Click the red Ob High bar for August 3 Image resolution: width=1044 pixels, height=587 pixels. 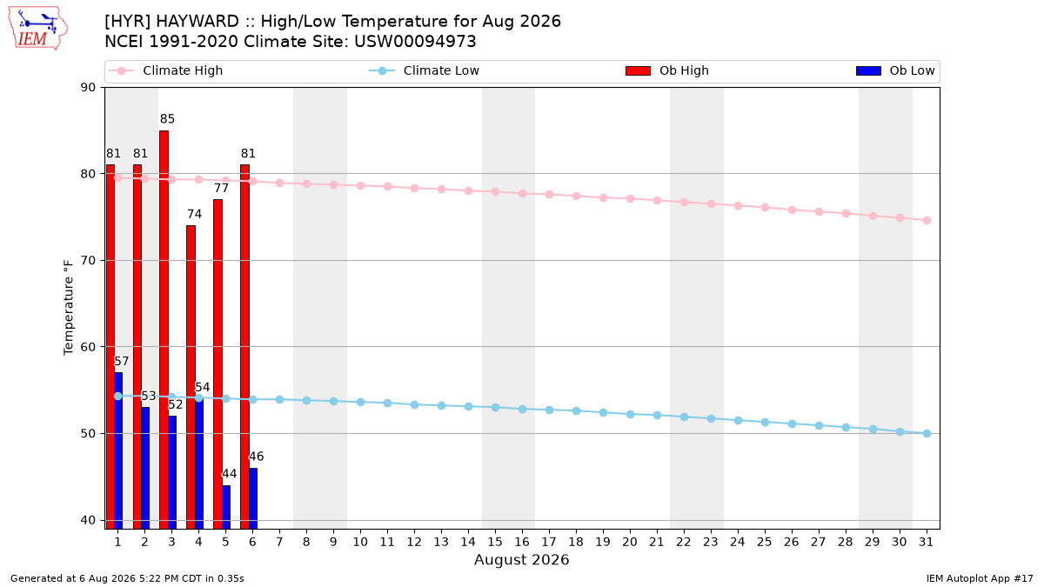click(164, 330)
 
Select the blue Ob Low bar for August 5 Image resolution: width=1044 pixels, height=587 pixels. click(226, 507)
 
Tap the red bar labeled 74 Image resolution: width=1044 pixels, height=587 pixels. click(191, 377)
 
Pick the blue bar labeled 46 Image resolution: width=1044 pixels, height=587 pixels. click(253, 498)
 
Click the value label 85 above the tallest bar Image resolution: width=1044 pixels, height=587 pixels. click(167, 119)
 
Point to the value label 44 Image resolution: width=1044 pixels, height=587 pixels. click(230, 474)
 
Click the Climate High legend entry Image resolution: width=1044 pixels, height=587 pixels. click(166, 70)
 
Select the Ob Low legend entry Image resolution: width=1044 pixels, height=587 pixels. click(895, 70)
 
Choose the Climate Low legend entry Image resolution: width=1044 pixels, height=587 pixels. click(425, 70)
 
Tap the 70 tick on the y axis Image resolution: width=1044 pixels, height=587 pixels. click(88, 260)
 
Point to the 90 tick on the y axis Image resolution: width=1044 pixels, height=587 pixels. click(88, 88)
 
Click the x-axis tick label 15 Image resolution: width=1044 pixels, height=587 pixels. click(495, 542)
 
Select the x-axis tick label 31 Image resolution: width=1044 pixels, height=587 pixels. click(927, 542)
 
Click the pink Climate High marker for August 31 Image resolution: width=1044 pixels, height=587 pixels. click(927, 220)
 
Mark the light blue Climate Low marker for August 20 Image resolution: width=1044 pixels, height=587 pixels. click(630, 414)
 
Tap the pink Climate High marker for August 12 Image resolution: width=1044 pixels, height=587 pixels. click(414, 188)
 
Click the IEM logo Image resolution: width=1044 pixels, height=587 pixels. click(38, 29)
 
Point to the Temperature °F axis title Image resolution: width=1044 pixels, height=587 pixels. click(69, 308)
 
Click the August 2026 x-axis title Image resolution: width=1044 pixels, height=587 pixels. click(521, 559)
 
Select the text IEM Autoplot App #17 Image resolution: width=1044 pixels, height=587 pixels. click(980, 578)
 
